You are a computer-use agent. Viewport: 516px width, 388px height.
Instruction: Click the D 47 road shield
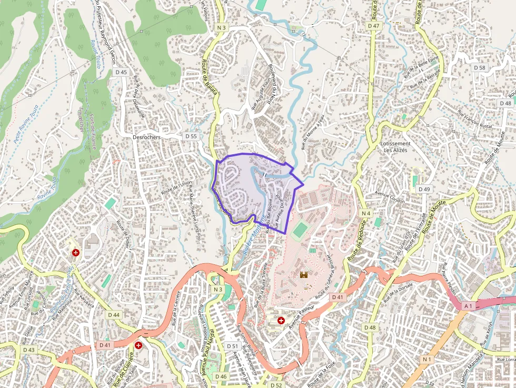(x=374, y=26)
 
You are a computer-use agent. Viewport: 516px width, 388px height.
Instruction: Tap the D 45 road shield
(x=121, y=72)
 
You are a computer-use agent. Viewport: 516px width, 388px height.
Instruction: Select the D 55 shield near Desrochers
(x=191, y=136)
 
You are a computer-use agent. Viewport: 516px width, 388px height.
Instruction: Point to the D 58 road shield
(x=479, y=67)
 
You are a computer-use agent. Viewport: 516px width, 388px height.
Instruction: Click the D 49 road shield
(x=424, y=189)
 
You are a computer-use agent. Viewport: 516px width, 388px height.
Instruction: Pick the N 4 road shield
(x=366, y=213)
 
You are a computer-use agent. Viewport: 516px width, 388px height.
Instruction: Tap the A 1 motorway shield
(x=468, y=305)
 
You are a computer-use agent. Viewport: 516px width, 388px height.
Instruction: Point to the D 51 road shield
(x=232, y=346)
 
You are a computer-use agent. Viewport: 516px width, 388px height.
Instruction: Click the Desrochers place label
(x=146, y=136)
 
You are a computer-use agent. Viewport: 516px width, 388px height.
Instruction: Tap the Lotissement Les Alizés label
(x=395, y=146)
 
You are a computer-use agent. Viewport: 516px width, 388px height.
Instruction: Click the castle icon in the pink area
(x=304, y=274)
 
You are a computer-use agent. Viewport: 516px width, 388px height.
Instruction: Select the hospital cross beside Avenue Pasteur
(x=281, y=320)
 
